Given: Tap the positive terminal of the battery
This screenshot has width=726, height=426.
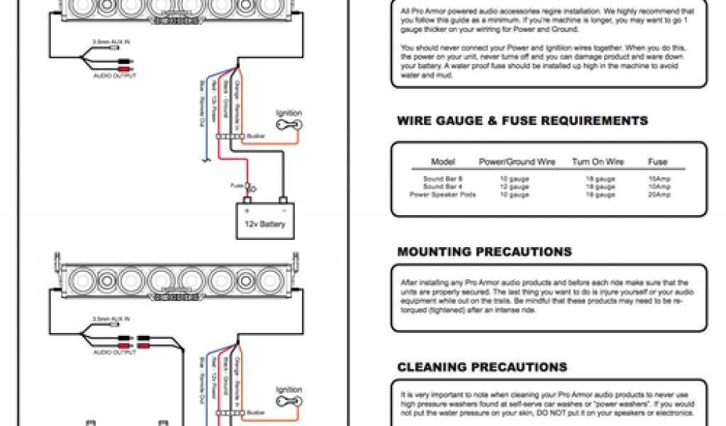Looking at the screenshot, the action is pyautogui.click(x=247, y=201).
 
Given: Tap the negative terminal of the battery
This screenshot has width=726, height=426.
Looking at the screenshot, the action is pyautogui.click(x=283, y=201).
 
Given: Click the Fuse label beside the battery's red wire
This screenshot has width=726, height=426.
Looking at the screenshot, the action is pyautogui.click(x=237, y=186).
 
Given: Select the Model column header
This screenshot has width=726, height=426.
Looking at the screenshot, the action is pyautogui.click(x=443, y=162).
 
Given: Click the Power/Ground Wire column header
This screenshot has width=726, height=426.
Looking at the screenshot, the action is pyautogui.click(x=517, y=162).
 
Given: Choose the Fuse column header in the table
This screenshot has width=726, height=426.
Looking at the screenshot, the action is pyautogui.click(x=658, y=162).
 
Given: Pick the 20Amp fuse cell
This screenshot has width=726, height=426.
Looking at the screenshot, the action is pyautogui.click(x=659, y=195).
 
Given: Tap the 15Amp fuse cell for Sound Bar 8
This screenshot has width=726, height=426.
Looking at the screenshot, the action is pyautogui.click(x=659, y=180).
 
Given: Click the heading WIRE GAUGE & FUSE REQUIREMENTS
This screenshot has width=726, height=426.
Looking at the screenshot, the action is pyautogui.click(x=523, y=121).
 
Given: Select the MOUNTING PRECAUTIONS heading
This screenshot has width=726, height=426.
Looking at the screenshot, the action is pyautogui.click(x=484, y=252).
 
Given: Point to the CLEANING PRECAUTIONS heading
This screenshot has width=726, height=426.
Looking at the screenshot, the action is pyautogui.click(x=482, y=368).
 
